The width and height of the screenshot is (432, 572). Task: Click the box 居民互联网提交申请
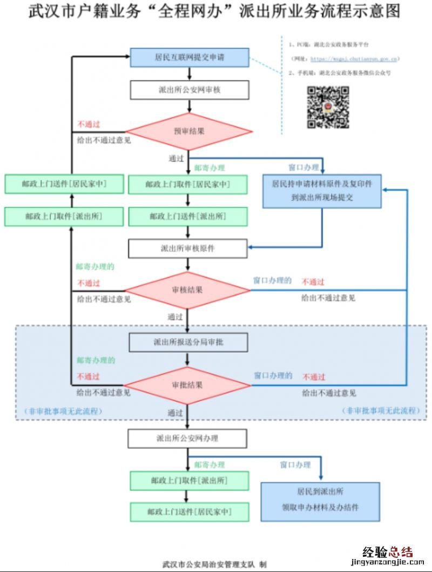click(x=189, y=57)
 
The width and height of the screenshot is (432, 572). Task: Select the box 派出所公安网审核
click(x=189, y=90)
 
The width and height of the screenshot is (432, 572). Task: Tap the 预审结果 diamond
click(x=189, y=131)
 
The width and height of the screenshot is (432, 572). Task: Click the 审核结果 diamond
click(x=188, y=290)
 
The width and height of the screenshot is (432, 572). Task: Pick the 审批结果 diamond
click(x=188, y=385)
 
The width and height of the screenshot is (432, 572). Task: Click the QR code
click(x=328, y=107)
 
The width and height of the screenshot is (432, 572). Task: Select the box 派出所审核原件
click(x=187, y=248)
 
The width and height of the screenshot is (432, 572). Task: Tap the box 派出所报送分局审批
click(x=188, y=342)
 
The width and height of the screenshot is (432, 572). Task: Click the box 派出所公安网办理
click(x=187, y=439)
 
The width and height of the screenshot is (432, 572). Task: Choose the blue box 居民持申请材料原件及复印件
click(x=322, y=191)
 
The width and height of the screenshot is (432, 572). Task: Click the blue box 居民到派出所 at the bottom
click(x=320, y=501)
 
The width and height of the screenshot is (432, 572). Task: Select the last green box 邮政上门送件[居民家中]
click(x=189, y=512)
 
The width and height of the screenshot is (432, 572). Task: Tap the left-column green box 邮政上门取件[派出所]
click(x=64, y=216)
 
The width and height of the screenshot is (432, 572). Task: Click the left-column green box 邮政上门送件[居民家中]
click(x=64, y=184)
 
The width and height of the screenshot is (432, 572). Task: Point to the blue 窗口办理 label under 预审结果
click(x=303, y=167)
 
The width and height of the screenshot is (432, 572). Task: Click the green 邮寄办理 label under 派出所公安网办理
click(x=210, y=465)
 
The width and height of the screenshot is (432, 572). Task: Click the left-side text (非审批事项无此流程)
click(x=63, y=411)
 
